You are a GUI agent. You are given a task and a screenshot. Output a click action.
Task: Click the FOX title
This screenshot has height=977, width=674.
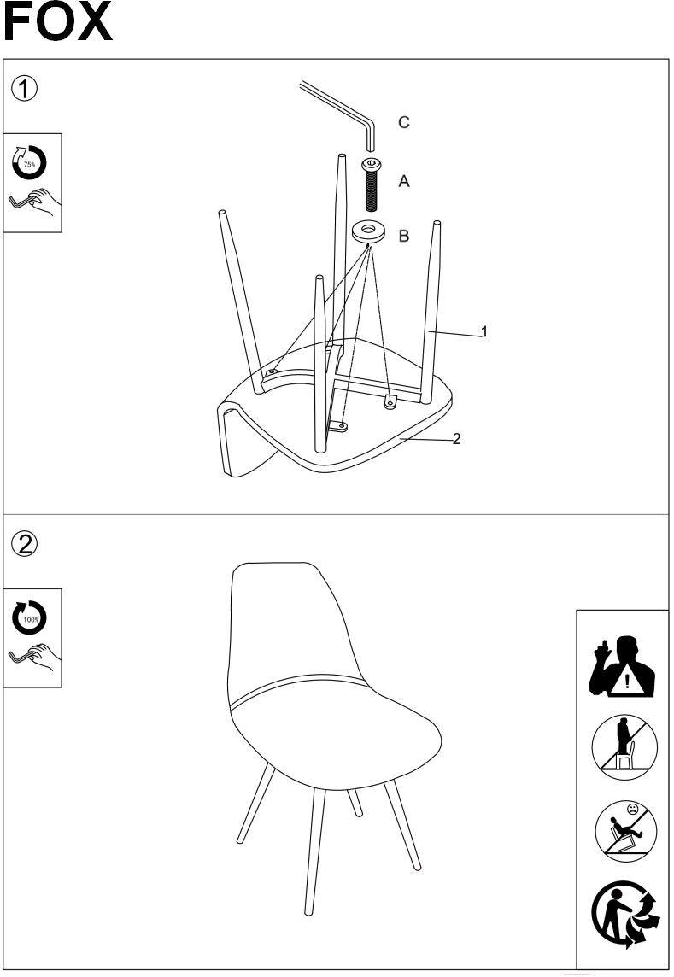(57, 22)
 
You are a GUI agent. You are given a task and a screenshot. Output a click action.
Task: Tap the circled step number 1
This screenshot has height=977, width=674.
(24, 89)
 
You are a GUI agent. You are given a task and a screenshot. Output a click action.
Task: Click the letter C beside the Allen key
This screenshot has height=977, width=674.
(404, 122)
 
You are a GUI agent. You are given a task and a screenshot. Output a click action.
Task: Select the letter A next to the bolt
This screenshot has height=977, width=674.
(404, 181)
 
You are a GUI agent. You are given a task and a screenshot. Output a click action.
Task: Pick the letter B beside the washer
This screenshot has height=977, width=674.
(404, 237)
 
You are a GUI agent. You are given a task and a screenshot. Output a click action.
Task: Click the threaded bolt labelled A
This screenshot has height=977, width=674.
(372, 184)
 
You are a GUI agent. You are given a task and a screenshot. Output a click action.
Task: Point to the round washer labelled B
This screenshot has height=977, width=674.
(368, 231)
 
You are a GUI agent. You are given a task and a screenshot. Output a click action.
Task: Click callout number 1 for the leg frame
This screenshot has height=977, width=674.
(484, 331)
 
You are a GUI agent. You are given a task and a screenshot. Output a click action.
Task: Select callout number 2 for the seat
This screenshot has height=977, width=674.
(456, 439)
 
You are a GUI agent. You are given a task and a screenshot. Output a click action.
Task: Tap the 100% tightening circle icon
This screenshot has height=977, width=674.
(30, 618)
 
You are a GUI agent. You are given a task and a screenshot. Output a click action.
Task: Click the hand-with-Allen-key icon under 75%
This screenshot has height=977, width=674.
(34, 202)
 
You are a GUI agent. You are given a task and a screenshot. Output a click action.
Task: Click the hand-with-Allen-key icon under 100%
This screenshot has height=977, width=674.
(34, 658)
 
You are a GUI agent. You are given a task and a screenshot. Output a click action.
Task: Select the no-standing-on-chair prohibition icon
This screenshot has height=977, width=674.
(624, 747)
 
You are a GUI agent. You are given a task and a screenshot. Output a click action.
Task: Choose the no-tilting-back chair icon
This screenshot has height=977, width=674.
(625, 832)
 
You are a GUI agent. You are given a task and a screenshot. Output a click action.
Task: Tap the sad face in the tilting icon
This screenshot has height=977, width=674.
(633, 810)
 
